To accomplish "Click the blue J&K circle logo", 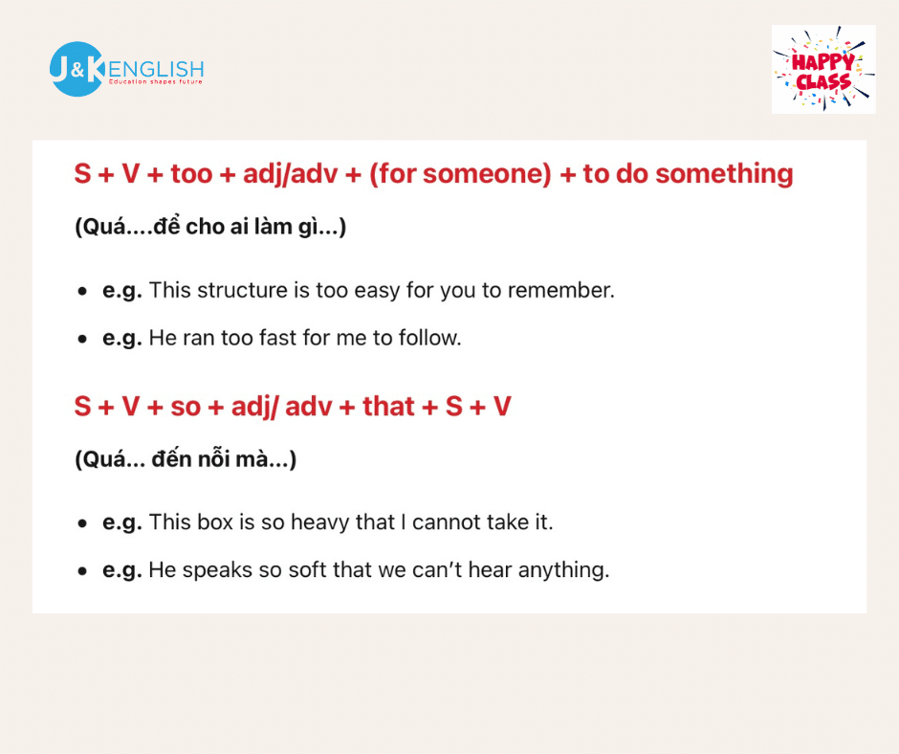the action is [x=77, y=69].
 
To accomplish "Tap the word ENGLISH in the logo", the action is [x=156, y=70].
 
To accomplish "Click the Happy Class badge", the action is [x=823, y=69].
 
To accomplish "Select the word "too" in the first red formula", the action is [x=191, y=174].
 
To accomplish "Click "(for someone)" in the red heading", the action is [x=460, y=174].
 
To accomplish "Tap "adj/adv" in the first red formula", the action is [x=290, y=174].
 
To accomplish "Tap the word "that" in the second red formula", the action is [x=388, y=407].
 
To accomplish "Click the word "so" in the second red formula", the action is [x=186, y=407].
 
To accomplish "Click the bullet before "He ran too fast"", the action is [x=82, y=339].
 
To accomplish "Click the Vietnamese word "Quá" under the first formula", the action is [x=104, y=227].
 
